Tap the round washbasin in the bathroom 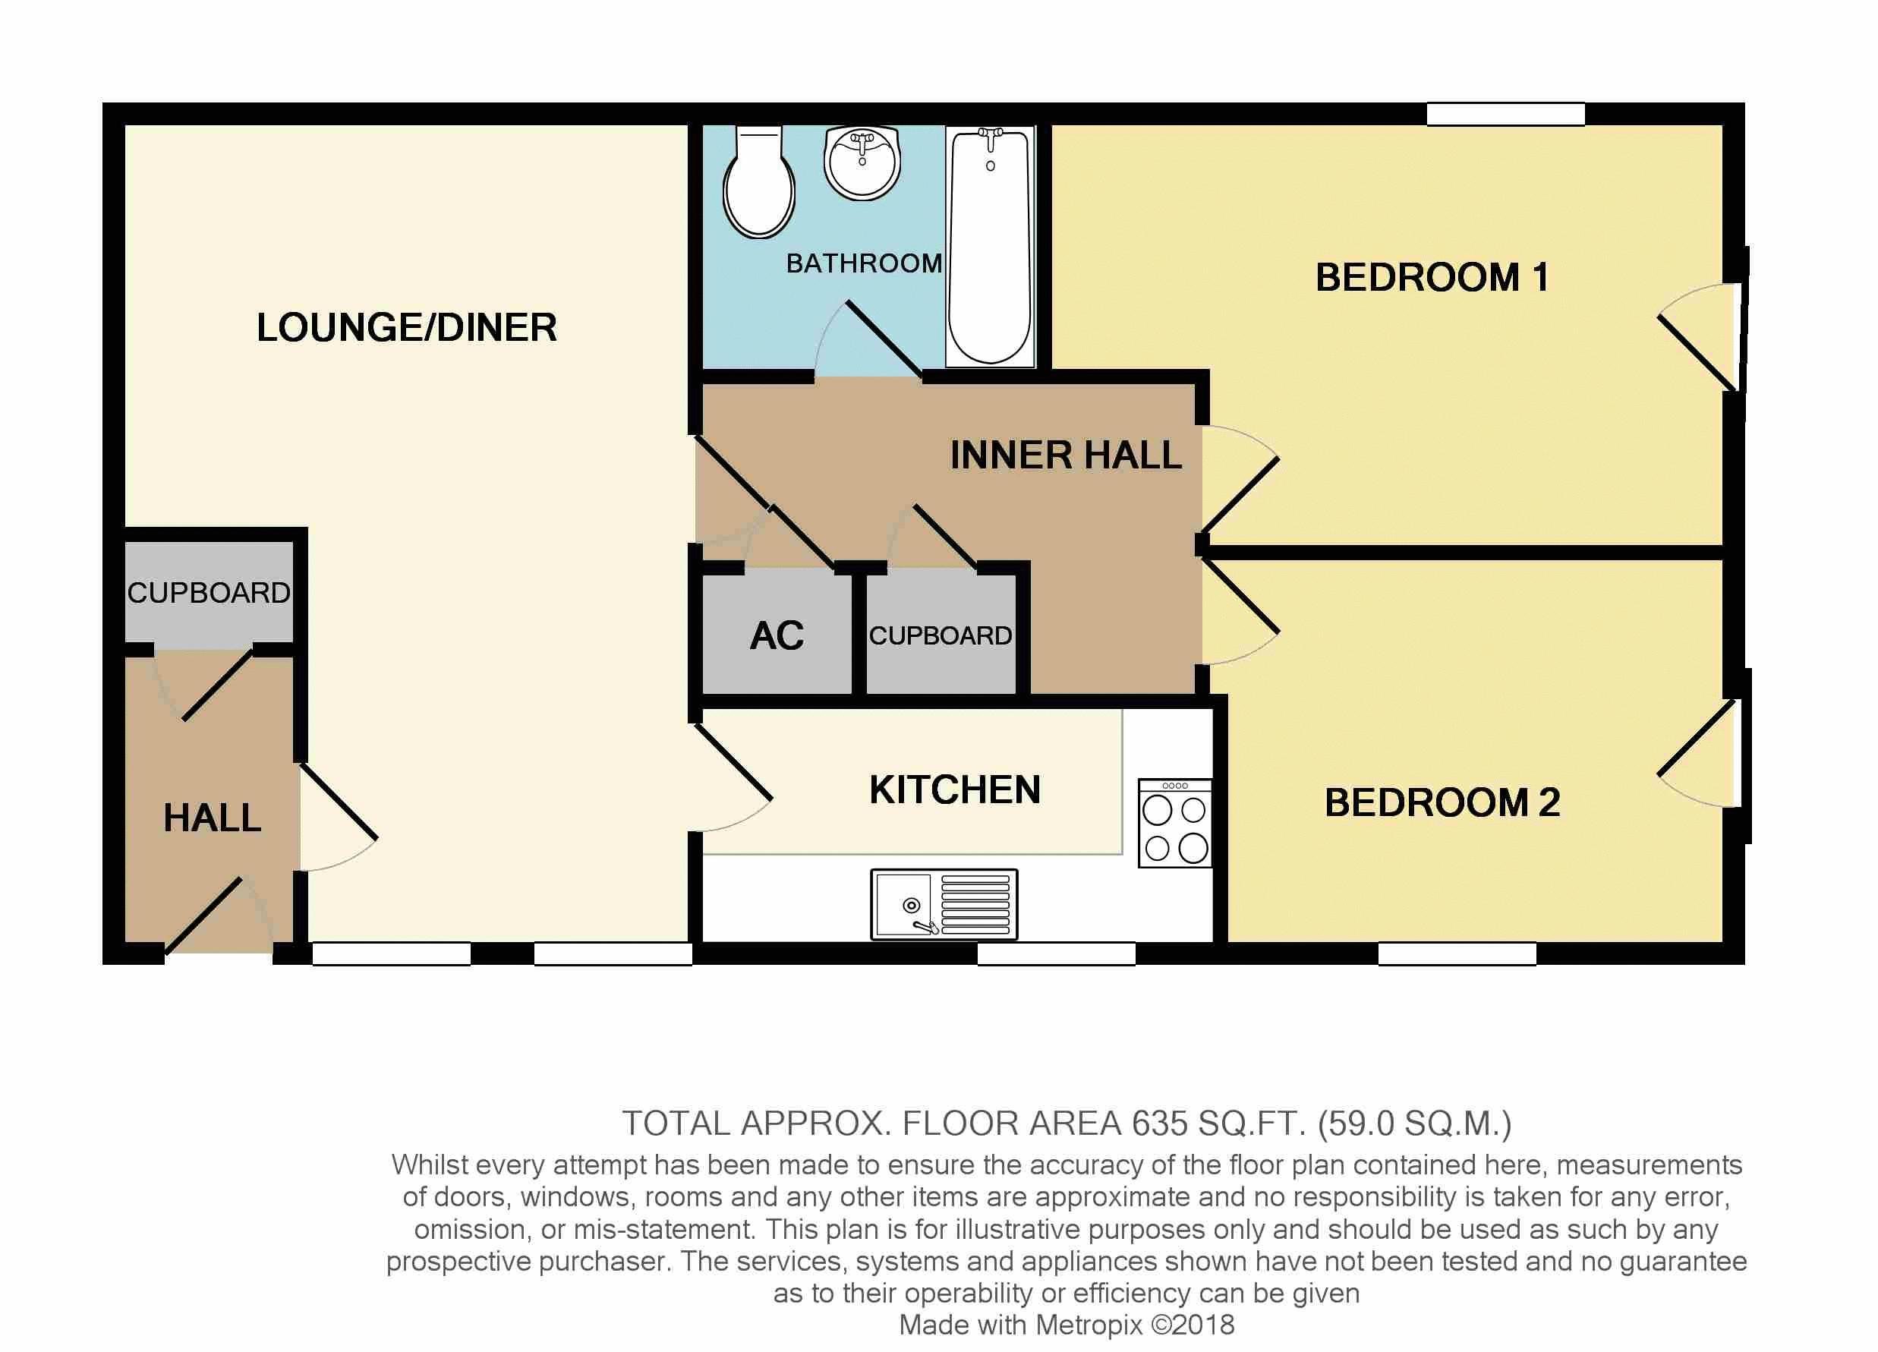click(862, 162)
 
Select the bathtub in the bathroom click(991, 246)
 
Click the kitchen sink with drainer click(944, 904)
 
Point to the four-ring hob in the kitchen click(1175, 823)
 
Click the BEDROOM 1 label click(1432, 277)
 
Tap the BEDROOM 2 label click(1442, 802)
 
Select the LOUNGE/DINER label click(407, 328)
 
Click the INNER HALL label click(1066, 455)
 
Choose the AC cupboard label click(777, 636)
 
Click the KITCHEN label click(955, 789)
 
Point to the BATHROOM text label click(864, 263)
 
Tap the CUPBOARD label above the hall click(209, 593)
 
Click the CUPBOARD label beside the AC click(940, 636)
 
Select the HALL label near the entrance click(212, 819)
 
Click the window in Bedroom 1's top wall click(1505, 115)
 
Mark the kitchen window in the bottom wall click(1056, 953)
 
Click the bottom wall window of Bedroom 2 click(1457, 953)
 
